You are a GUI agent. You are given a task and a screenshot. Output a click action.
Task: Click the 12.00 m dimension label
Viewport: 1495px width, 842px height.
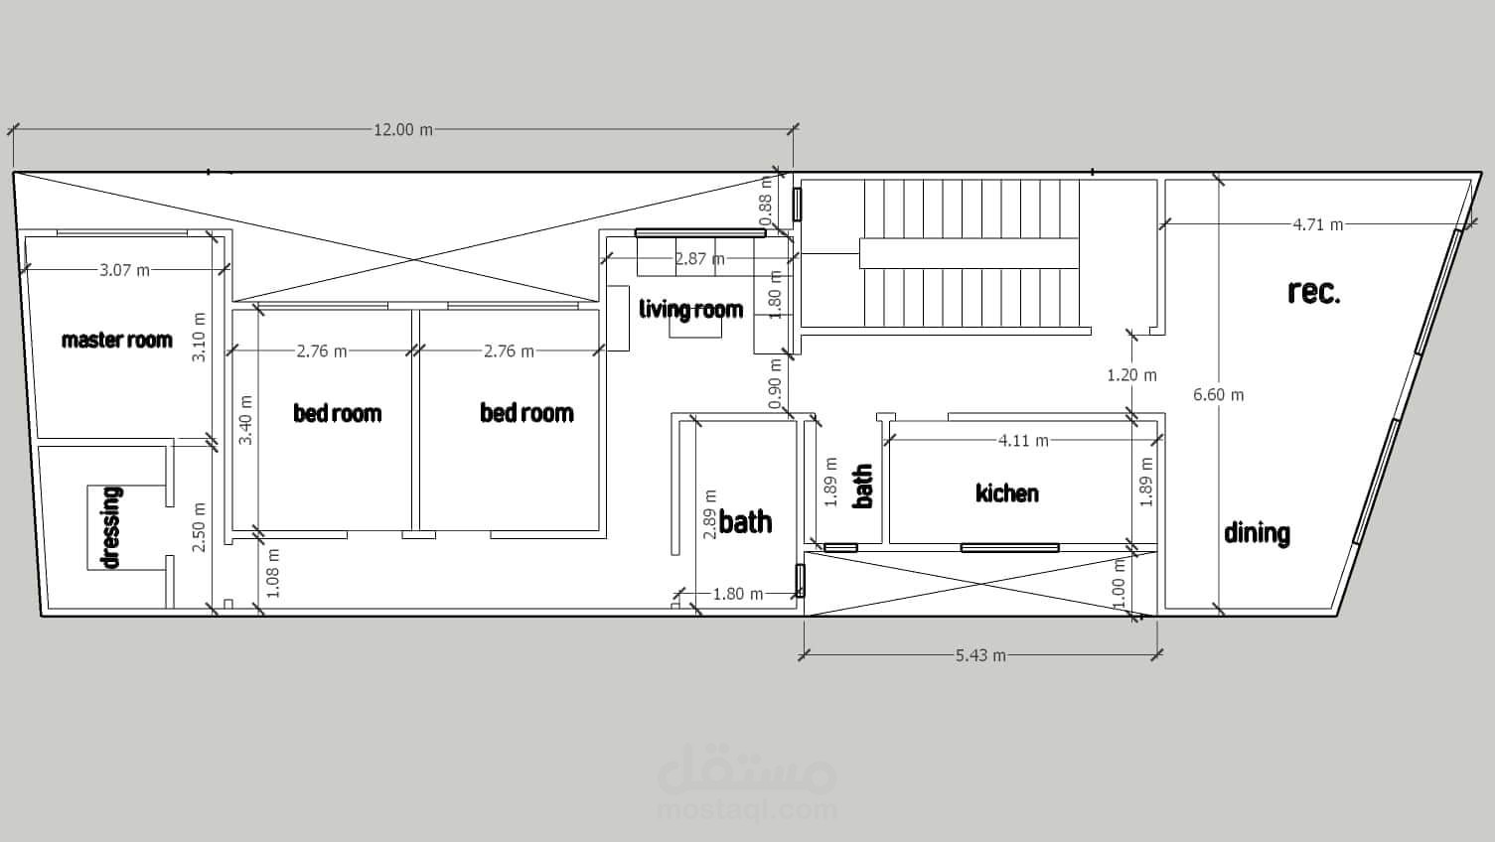402,129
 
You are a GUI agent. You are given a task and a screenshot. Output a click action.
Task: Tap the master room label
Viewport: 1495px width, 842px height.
117,341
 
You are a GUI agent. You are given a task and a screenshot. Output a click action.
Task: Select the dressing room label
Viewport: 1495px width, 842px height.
111,527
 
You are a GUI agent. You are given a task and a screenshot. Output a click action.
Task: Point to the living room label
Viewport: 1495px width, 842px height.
690,310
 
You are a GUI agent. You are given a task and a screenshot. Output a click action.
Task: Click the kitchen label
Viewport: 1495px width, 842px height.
1007,493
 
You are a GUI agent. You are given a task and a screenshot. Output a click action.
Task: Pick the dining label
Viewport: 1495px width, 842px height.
1257,534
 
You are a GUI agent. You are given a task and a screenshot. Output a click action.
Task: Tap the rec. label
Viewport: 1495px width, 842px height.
1313,292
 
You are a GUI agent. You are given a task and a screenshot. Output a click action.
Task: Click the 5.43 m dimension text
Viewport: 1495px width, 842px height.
980,655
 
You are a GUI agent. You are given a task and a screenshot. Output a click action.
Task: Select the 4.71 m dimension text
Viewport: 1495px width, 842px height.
1318,224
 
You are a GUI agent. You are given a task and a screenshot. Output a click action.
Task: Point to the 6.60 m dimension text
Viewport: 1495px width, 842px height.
1219,395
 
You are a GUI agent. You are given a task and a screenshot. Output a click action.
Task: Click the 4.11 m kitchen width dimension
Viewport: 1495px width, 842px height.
1023,440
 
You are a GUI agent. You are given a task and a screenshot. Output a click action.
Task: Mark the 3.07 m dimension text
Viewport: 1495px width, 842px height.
125,270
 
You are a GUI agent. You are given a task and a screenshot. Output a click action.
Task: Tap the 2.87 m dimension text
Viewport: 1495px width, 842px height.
699,258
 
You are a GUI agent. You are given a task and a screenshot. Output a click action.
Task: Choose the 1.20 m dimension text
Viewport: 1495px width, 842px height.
1132,375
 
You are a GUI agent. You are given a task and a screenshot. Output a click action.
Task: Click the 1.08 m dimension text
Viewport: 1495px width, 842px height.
273,573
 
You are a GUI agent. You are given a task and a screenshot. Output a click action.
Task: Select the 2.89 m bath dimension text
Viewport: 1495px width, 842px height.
710,514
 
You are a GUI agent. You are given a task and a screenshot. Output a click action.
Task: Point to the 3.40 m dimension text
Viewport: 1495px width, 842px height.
245,420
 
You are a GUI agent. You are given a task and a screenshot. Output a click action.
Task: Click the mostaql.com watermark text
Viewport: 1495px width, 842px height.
747,810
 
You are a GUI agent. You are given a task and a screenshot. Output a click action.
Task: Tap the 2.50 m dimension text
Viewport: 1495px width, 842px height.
199,527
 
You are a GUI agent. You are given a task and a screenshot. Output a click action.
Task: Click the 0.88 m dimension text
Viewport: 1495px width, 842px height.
766,202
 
